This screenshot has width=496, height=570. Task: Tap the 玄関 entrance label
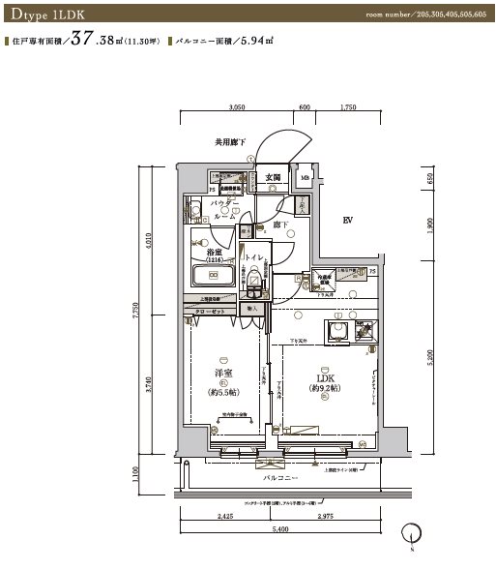[x=273, y=178]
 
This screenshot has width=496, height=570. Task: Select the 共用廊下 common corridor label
[x=231, y=142]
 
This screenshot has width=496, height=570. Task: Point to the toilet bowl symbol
[x=254, y=283]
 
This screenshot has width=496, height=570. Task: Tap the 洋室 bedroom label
[x=224, y=374]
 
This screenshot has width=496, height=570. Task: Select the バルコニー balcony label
[x=279, y=478]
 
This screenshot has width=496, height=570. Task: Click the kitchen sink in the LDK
[x=339, y=332]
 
